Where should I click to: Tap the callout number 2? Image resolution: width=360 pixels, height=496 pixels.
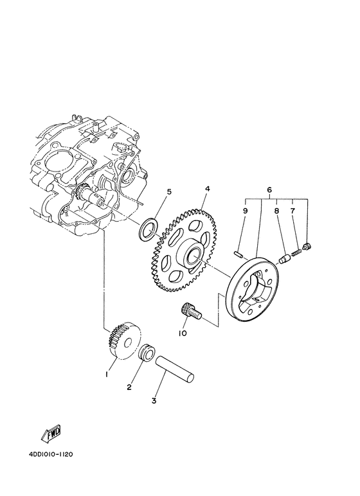pyautogui.click(x=129, y=387)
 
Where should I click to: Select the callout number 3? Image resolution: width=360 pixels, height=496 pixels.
pyautogui.click(x=154, y=401)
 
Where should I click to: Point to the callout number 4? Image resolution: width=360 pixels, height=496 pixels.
pyautogui.click(x=208, y=190)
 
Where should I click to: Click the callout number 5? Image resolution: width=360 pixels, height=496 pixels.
pyautogui.click(x=169, y=191)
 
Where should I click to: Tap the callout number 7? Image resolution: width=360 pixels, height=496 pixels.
pyautogui.click(x=292, y=209)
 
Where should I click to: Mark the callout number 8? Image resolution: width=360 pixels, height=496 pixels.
pyautogui.click(x=276, y=209)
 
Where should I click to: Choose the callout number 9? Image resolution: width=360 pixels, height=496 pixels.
pyautogui.click(x=245, y=209)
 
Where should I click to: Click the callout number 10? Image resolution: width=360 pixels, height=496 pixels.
pyautogui.click(x=183, y=333)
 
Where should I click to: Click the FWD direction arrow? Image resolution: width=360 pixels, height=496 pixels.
pyautogui.click(x=51, y=436)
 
